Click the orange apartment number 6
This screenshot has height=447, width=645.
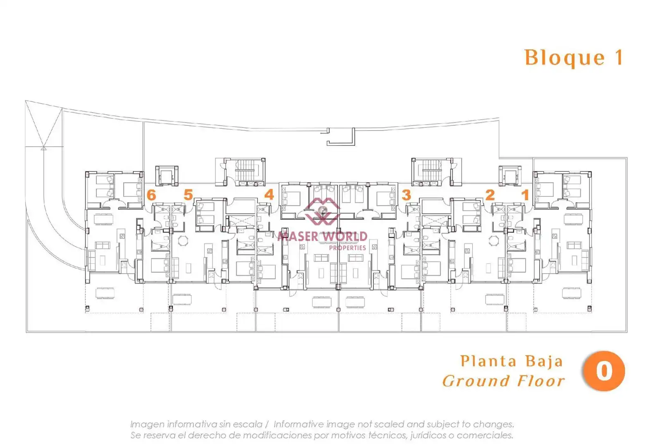coord(151,195)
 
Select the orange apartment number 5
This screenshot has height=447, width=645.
coord(188,195)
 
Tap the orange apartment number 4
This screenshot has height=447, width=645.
coord(269,195)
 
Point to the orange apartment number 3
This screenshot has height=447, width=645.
coord(406,195)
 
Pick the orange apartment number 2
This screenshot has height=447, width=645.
coord(490,195)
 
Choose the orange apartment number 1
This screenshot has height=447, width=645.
coord(526,195)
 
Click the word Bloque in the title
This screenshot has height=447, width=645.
coord(565,58)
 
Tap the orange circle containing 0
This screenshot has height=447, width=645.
coord(604,371)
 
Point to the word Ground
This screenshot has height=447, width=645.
coord(476,381)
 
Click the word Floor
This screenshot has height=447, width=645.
coord(541,381)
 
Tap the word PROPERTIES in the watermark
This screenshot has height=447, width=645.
coord(348,248)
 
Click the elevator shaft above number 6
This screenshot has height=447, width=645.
coord(167,176)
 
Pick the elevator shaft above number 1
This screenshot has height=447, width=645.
coord(510,176)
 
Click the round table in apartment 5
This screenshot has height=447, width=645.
coord(183,240)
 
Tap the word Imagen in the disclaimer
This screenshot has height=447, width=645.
coord(148,425)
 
